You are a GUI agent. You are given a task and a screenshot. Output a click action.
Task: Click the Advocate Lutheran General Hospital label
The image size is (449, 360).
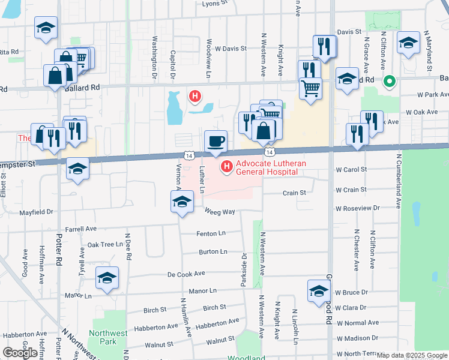point(267,168)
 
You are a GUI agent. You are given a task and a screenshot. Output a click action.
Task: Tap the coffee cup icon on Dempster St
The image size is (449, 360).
point(216,142)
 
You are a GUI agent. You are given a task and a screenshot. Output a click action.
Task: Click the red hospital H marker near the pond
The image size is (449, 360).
point(194,95)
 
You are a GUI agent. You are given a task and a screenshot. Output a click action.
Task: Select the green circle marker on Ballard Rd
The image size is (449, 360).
point(389,80)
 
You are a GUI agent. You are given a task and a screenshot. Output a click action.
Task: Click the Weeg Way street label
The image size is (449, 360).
point(218,212)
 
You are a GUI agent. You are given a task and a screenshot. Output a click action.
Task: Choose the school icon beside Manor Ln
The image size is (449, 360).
point(107,278)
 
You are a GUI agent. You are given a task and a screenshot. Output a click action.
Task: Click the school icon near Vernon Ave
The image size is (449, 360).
point(182,202)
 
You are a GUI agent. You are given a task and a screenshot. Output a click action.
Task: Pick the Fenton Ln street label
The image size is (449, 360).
point(210,233)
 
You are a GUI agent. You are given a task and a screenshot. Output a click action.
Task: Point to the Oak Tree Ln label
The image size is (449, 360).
point(105,245)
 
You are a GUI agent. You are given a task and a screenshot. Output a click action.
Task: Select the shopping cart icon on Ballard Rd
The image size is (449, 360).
point(310,89)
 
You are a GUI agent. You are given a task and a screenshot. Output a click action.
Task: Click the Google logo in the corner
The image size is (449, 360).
point(20,353)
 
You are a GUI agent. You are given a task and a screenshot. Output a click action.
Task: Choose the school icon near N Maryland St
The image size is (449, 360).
point(408,43)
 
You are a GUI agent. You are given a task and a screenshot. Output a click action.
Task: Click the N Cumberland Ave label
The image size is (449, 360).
point(398,174)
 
